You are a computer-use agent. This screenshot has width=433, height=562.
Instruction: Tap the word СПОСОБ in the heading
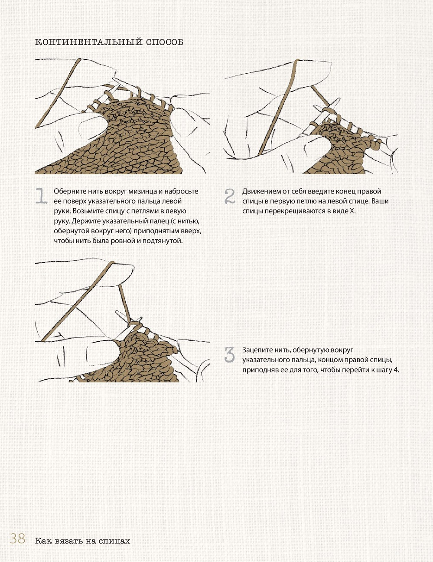[x=165, y=42]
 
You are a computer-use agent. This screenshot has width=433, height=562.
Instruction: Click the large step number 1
[x=41, y=196]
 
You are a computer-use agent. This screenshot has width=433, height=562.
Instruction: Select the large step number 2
[x=230, y=196]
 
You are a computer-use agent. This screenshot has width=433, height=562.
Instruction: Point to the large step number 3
[x=230, y=354]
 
